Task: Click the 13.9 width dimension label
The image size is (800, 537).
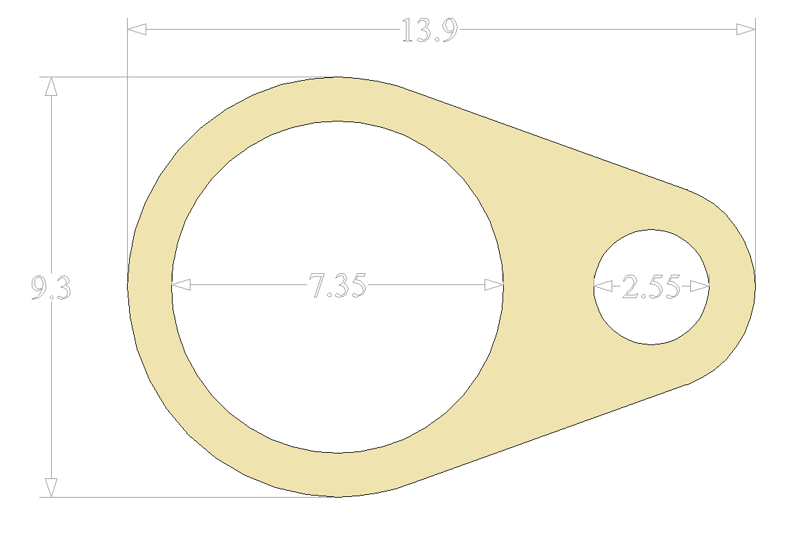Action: pyautogui.click(x=429, y=31)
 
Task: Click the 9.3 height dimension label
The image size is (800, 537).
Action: pyautogui.click(x=51, y=288)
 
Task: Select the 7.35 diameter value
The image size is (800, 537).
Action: pyautogui.click(x=337, y=286)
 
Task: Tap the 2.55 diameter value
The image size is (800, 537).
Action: pyautogui.click(x=651, y=287)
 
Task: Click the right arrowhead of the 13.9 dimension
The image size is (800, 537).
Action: pyautogui.click(x=746, y=29)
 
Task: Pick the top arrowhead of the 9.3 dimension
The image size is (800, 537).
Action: pyautogui.click(x=50, y=86)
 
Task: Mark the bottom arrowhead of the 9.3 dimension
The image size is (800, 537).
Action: pyautogui.click(x=50, y=488)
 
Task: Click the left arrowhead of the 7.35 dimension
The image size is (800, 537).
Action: pyautogui.click(x=181, y=285)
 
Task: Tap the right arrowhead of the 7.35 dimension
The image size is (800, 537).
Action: pyautogui.click(x=494, y=285)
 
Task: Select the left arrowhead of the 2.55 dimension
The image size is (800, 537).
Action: pyautogui.click(x=603, y=286)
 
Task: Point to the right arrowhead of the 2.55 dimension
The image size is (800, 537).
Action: pyautogui.click(x=700, y=286)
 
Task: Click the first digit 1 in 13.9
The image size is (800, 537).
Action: pyautogui.click(x=407, y=31)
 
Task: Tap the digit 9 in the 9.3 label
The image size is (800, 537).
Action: pyautogui.click(x=40, y=288)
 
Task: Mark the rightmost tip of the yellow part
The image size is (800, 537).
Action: pyautogui.click(x=754, y=285)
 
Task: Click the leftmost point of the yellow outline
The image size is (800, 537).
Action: pyautogui.click(x=128, y=285)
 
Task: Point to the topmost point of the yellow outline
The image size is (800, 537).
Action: pyautogui.click(x=338, y=77)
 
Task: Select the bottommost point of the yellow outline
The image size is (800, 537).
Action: pyautogui.click(x=338, y=496)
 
